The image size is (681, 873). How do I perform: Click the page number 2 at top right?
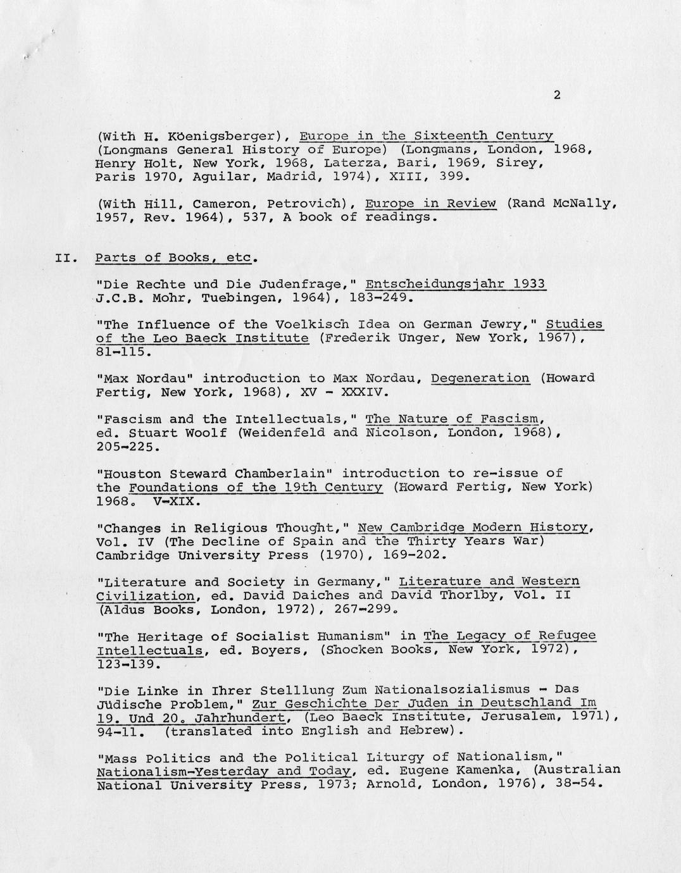(556, 96)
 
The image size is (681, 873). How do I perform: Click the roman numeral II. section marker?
(65, 258)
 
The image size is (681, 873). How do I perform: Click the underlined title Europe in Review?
(430, 203)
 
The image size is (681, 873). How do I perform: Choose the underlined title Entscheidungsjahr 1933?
(456, 284)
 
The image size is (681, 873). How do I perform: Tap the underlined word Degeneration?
(480, 378)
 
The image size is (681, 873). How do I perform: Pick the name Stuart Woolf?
(178, 433)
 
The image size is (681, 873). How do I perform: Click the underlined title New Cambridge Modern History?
(475, 528)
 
